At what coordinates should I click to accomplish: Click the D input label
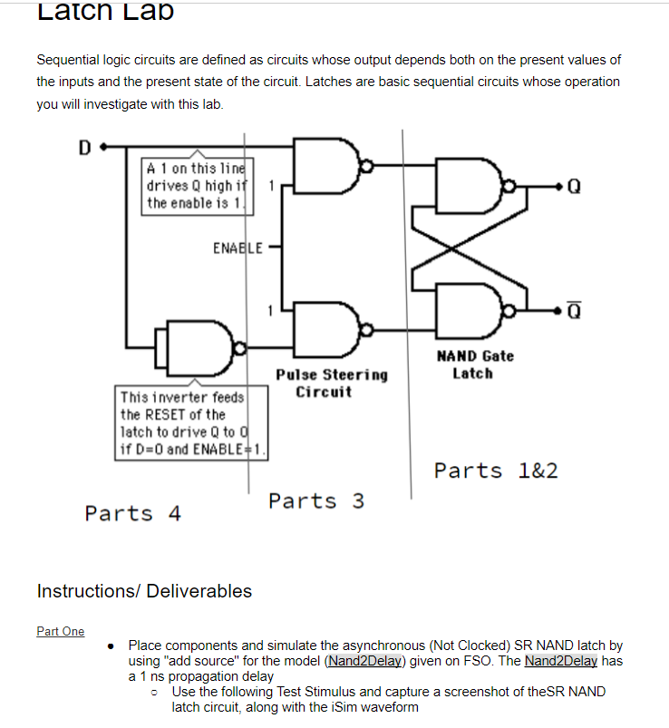[x=84, y=146]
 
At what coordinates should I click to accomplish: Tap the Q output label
[x=573, y=188]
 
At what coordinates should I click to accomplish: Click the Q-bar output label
[x=573, y=311]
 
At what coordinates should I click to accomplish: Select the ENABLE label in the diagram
[x=238, y=247]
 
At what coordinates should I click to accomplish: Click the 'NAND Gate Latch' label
[x=474, y=364]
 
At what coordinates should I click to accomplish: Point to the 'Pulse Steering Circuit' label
[x=332, y=383]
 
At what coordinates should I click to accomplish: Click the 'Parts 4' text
[x=132, y=513]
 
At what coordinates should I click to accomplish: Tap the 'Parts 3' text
[x=316, y=500]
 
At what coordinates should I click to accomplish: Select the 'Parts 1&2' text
[x=495, y=471]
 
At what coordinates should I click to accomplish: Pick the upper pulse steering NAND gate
[x=327, y=167]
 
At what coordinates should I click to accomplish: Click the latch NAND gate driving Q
[x=470, y=186]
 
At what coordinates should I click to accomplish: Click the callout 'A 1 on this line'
[x=197, y=186]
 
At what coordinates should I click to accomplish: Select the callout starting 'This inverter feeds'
[x=192, y=423]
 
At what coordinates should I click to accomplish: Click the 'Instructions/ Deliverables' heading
[x=144, y=591]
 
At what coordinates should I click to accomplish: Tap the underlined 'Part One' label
[x=61, y=631]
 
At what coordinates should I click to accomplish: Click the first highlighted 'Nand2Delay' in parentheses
[x=367, y=661]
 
